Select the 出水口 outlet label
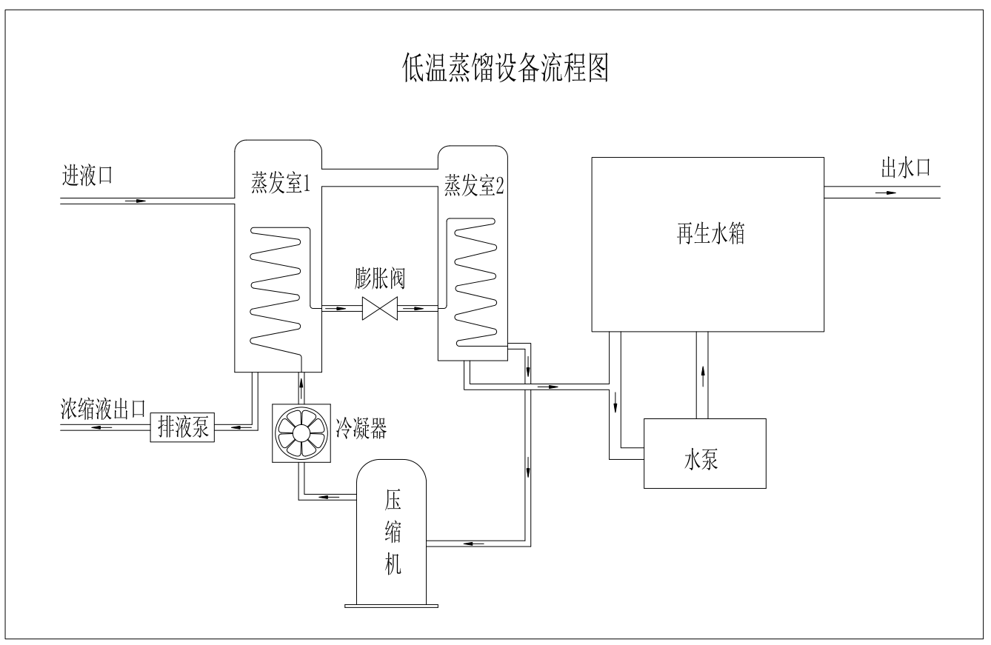pos(904,169)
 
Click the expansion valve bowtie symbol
pos(380,309)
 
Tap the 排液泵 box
pos(182,428)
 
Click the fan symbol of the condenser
pos(301,433)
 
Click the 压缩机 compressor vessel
pos(392,533)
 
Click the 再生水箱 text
pos(707,235)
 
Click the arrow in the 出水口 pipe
pos(884,193)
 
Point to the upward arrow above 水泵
pos(702,374)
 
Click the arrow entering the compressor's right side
pos(474,545)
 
